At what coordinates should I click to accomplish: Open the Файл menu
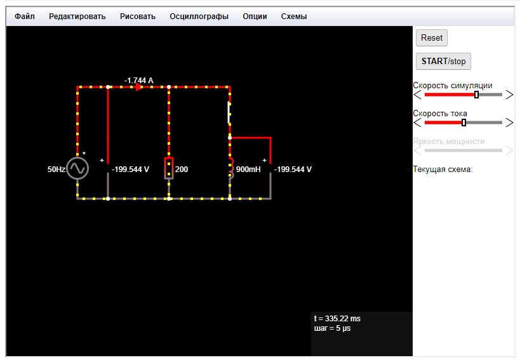(25, 17)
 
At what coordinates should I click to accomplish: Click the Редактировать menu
(77, 17)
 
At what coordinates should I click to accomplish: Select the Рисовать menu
(138, 17)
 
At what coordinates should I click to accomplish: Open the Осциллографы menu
(199, 17)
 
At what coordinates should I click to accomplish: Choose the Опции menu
(255, 17)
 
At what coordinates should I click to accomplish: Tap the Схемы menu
(294, 17)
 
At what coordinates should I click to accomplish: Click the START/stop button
(443, 62)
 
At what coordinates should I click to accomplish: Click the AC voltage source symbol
(77, 168)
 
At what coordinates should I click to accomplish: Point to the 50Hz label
(56, 170)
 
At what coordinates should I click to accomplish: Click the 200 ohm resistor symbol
(169, 168)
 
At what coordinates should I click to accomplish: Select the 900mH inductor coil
(230, 168)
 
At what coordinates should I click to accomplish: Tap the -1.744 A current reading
(139, 81)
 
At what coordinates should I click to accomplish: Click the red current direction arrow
(138, 88)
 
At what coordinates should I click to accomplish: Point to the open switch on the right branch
(229, 112)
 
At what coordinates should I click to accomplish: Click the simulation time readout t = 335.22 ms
(337, 318)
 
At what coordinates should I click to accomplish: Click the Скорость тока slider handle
(463, 123)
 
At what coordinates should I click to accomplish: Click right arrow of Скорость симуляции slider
(509, 95)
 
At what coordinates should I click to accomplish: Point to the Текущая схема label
(443, 170)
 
